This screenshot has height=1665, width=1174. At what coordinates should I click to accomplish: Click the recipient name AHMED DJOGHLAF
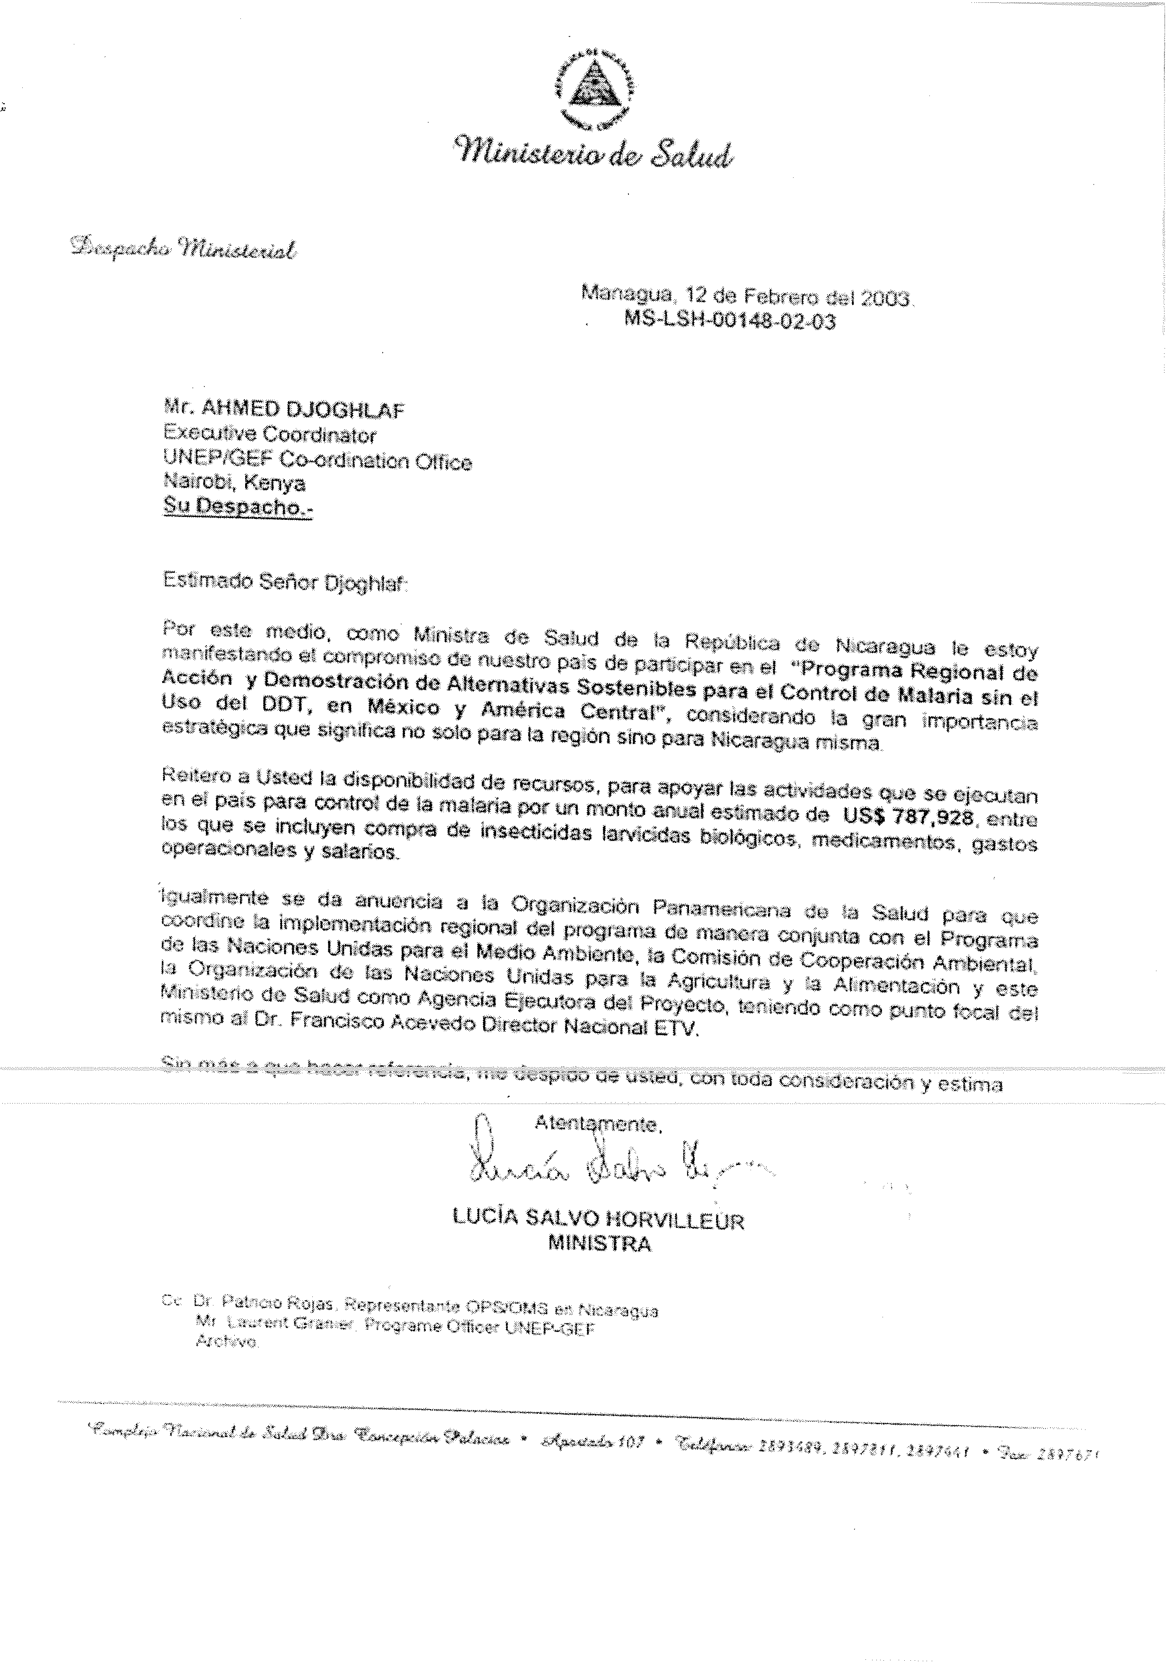tap(302, 411)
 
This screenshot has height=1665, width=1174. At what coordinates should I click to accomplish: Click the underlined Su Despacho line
tap(238, 507)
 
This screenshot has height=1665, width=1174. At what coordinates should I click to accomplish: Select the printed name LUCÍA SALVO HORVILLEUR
tap(598, 1220)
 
